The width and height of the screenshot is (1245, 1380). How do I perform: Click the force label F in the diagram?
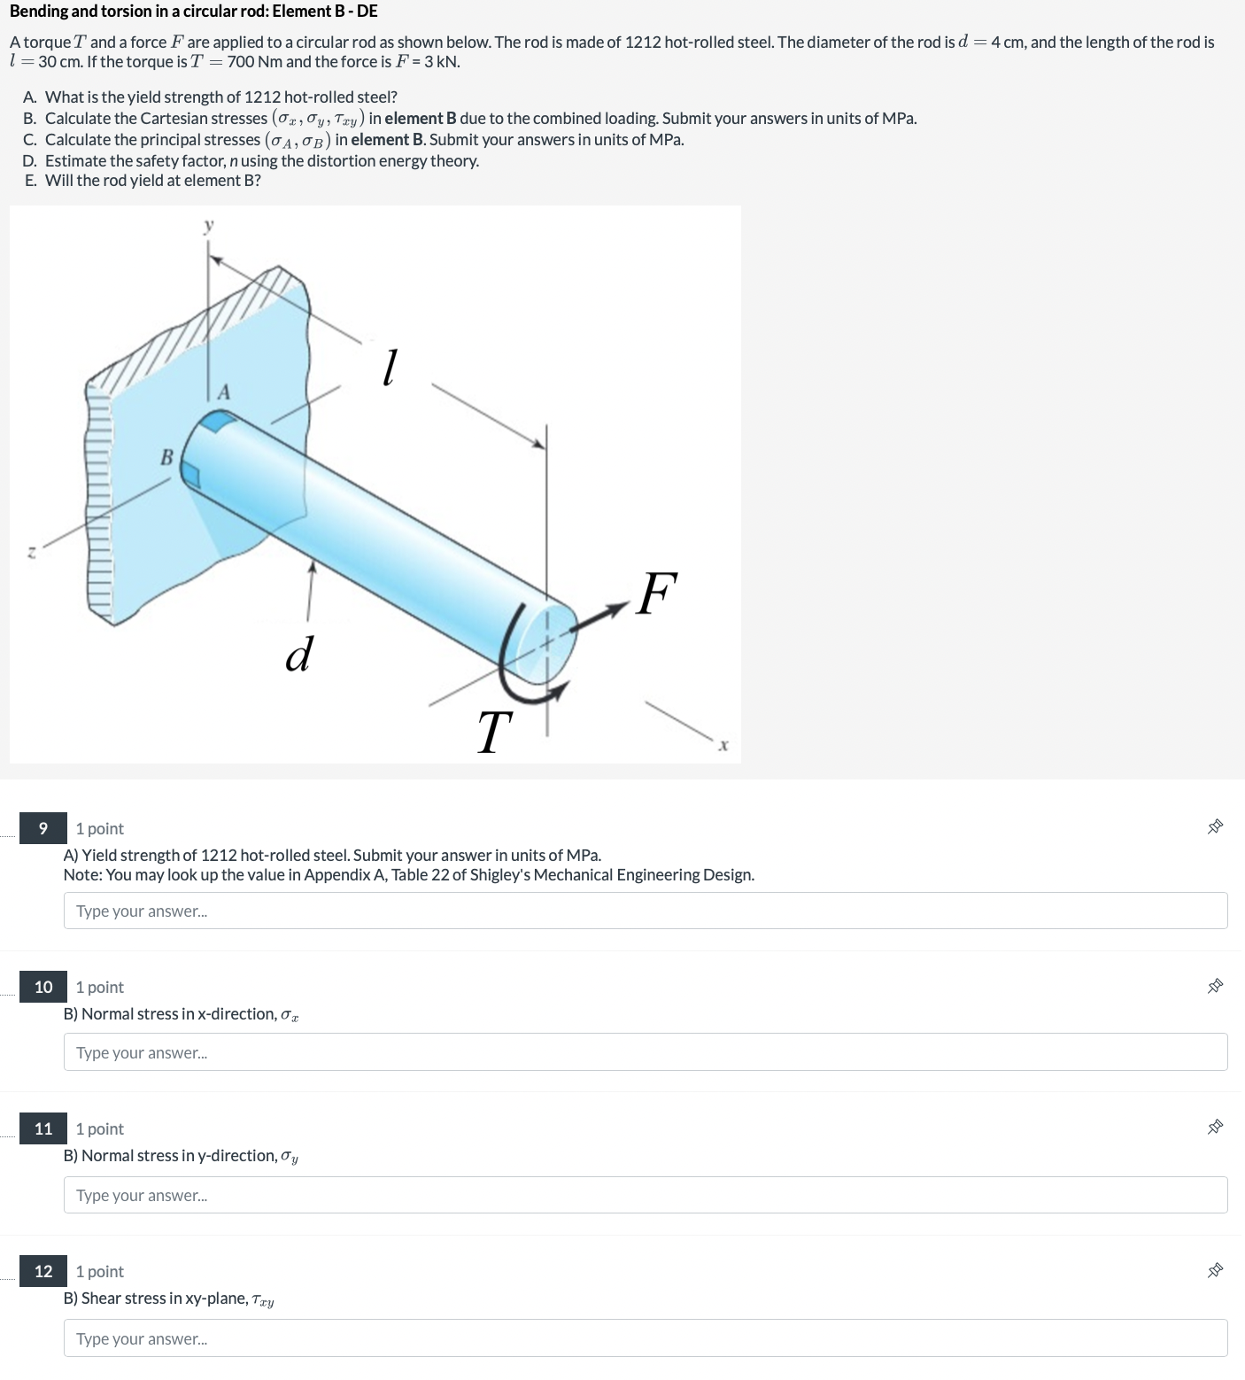[x=656, y=593]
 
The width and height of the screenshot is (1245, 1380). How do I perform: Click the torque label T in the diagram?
[x=494, y=733]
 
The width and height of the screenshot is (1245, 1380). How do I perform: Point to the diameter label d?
[x=298, y=654]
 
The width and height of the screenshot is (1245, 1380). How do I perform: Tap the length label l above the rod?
[x=388, y=367]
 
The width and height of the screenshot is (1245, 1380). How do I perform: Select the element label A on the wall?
[x=224, y=392]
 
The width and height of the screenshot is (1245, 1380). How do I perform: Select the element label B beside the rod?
[x=166, y=457]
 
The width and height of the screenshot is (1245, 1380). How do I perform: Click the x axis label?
[x=723, y=746]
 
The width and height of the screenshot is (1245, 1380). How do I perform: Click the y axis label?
[x=209, y=227]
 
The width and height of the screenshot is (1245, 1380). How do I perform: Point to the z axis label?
[x=31, y=552]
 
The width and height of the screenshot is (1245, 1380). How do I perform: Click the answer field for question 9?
[x=645, y=911]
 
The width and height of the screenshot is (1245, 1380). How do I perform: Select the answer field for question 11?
[x=645, y=1195]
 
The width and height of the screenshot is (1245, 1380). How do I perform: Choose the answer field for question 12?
[x=645, y=1337]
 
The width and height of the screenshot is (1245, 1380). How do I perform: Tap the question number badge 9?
[x=43, y=828]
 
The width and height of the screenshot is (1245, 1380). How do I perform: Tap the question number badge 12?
[x=43, y=1271]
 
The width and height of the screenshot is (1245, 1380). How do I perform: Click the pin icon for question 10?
[x=1215, y=987]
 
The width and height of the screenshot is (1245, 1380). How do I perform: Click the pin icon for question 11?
[x=1215, y=1128]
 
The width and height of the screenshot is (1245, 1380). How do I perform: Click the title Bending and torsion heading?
[x=194, y=12]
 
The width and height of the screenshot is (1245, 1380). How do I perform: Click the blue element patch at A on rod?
[x=213, y=422]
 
